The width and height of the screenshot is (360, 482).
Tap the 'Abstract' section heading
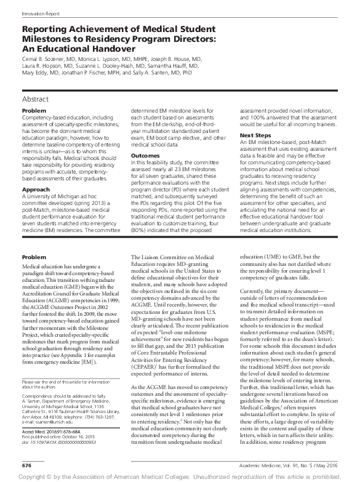(36, 98)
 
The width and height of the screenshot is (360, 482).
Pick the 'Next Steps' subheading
(255, 135)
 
